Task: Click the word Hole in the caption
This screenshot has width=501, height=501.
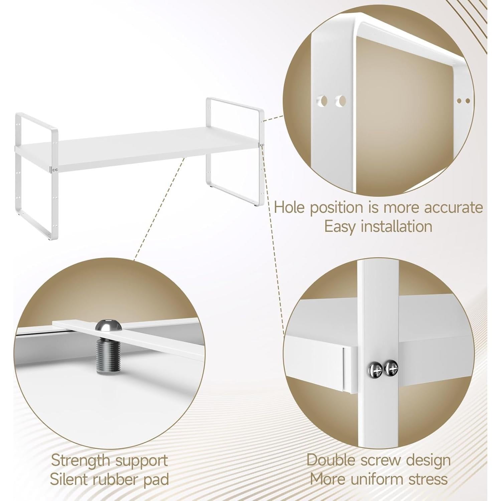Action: click(289, 208)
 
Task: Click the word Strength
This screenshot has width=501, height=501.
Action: click(80, 461)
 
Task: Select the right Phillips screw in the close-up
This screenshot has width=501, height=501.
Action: click(391, 369)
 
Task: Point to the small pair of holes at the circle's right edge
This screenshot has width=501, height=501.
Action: click(463, 101)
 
